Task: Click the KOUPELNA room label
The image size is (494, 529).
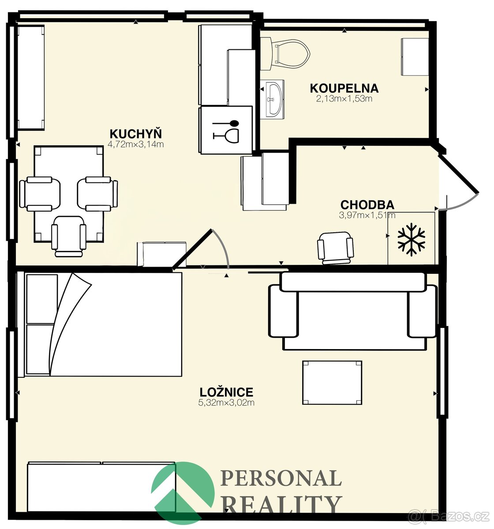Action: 344,88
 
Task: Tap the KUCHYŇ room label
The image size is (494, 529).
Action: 136,134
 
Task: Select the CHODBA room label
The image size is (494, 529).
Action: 367,205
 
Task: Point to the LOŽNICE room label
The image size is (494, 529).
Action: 226,392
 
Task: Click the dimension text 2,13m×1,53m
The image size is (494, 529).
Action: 344,99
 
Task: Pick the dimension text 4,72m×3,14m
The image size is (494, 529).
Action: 136,145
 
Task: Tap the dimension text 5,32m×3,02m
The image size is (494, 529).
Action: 226,402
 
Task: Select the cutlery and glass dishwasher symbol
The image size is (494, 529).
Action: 225,130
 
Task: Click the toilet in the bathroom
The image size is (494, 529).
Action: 285,54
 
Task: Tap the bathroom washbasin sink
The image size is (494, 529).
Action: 275,99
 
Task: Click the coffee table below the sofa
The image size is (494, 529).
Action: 332,383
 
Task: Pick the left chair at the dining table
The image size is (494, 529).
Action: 40,194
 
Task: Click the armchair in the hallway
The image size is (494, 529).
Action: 335,249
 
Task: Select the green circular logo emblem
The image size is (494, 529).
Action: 183,493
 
